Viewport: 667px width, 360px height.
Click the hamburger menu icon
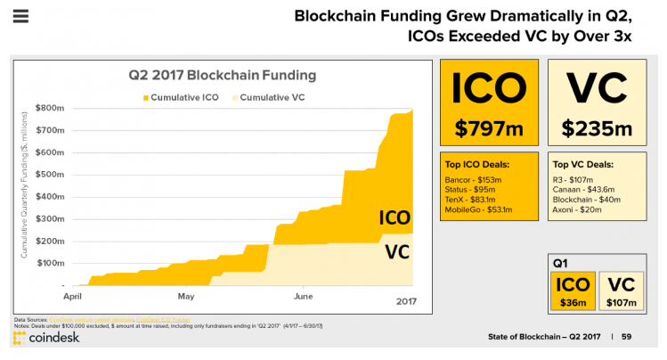(21, 16)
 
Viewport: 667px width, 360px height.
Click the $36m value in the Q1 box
(574, 304)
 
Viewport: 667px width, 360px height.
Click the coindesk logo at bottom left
(47, 339)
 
